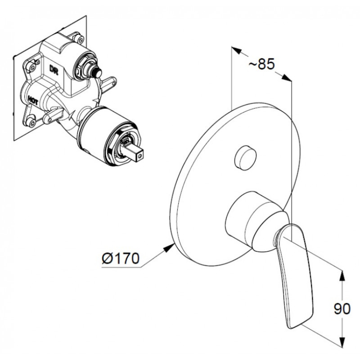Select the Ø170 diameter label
pyautogui.click(x=121, y=258)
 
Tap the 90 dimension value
pyautogui.click(x=342, y=309)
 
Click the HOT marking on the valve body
pyautogui.click(x=33, y=100)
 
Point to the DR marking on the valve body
pyautogui.click(x=54, y=70)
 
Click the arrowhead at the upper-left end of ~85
pyautogui.click(x=237, y=50)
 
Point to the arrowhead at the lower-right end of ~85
pyautogui.click(x=286, y=77)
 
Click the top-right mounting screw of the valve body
pyautogui.click(x=80, y=39)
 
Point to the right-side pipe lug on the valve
pyautogui.click(x=108, y=83)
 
